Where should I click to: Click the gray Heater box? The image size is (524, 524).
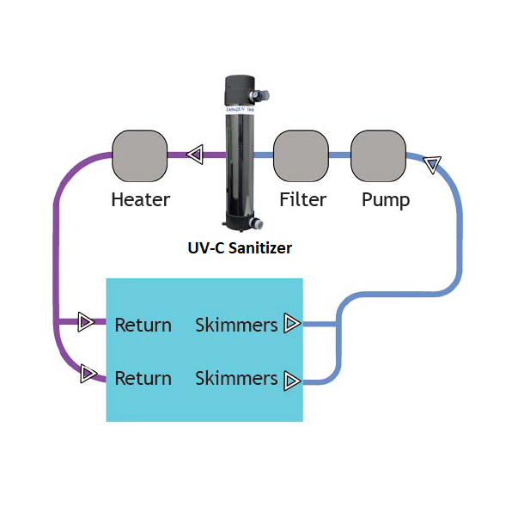point(139,155)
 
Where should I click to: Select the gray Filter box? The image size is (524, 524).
point(301,155)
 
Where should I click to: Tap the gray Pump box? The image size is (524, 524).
point(378,155)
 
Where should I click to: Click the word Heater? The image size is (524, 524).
point(140,200)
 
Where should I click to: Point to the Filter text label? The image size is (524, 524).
point(302,200)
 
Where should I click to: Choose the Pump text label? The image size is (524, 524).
point(385,200)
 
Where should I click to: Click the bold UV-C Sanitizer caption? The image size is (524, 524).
point(240,248)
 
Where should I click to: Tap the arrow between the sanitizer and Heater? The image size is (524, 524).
point(195,155)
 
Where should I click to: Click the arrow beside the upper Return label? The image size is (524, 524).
point(85,322)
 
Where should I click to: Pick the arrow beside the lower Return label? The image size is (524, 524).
point(87,374)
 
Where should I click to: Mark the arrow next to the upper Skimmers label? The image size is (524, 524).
point(292,323)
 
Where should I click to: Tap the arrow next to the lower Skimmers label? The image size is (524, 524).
point(292,379)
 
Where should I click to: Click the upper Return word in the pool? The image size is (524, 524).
point(143,325)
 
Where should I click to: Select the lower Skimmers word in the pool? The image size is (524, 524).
point(236,378)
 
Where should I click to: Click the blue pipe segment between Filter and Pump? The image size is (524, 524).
point(339,155)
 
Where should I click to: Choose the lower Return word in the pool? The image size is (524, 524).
point(143,378)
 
